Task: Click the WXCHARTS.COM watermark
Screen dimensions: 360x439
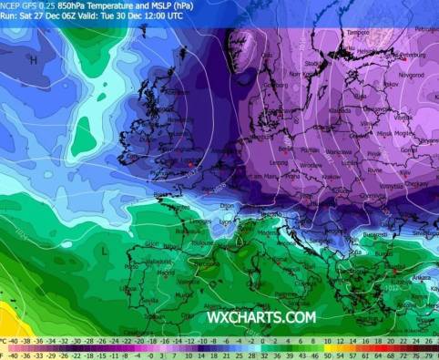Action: [260, 317]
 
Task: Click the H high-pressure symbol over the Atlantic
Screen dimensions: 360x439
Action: [33, 60]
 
